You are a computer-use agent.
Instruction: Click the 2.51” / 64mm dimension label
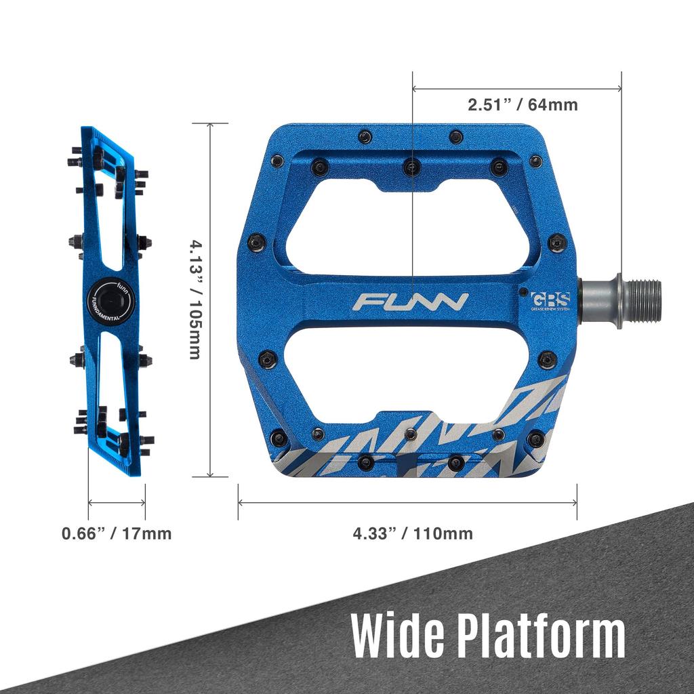click(522, 105)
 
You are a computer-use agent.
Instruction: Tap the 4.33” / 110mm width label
click(412, 533)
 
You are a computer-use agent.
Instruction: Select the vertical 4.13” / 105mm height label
click(195, 299)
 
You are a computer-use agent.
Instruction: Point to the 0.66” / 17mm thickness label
click(117, 533)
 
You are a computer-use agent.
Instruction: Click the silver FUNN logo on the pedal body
click(410, 301)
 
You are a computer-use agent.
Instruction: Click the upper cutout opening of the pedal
click(407, 227)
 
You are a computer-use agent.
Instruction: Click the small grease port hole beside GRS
click(523, 293)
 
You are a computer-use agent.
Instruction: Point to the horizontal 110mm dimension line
click(407, 503)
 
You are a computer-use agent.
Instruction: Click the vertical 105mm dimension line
click(210, 203)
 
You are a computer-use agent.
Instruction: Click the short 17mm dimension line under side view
click(117, 503)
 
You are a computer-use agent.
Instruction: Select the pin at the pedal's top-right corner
click(535, 161)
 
